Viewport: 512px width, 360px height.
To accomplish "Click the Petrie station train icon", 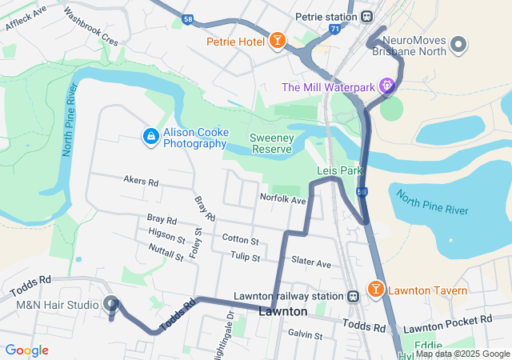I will coord(367,16).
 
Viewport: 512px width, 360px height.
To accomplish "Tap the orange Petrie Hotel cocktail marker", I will coord(277,41).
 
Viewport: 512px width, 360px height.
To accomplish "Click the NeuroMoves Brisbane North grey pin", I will coord(458,45).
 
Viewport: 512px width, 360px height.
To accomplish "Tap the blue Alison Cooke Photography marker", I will coord(150,138).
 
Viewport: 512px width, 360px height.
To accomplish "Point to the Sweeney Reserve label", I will coord(274,142).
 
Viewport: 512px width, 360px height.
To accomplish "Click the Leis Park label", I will coord(340,170).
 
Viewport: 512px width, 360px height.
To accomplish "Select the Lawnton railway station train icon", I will coord(352,295).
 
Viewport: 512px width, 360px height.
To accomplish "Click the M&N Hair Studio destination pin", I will coord(111,305).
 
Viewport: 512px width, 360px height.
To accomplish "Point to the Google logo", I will coord(26,350).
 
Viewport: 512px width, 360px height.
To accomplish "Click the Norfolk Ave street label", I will coord(283,198).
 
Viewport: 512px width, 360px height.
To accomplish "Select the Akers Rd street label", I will coord(141,182).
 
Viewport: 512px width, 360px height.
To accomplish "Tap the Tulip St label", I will coord(245,258).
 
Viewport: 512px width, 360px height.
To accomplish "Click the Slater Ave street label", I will coord(311,262).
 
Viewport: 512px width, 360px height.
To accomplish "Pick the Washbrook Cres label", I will coord(90,27).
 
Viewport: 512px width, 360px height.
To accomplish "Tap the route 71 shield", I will coord(334,29).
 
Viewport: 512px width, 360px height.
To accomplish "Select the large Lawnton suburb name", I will coord(283,310).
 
